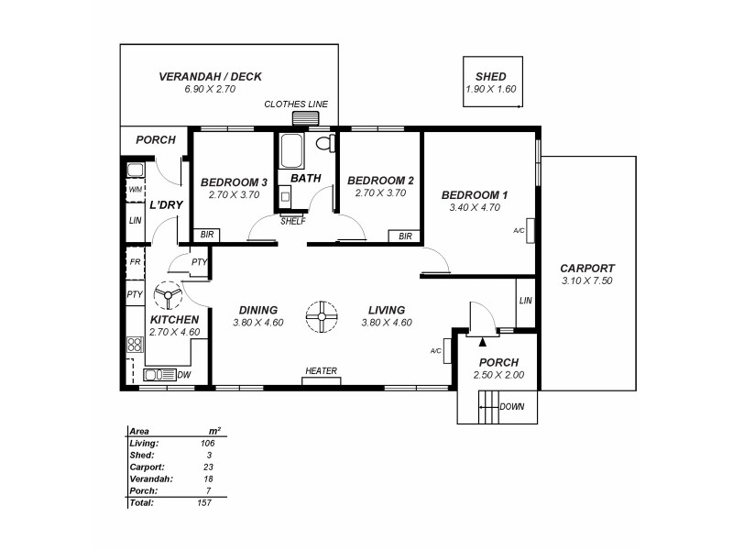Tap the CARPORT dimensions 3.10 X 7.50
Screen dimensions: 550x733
tap(585, 280)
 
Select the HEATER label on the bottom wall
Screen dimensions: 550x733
tap(321, 371)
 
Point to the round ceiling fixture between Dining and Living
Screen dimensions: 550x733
tap(322, 316)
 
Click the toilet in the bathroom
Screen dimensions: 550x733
tap(323, 144)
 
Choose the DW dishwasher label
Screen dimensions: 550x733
tap(184, 375)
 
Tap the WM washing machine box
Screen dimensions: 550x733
tap(135, 190)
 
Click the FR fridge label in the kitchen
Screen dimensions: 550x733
tap(135, 262)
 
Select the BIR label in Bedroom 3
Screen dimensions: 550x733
tap(207, 236)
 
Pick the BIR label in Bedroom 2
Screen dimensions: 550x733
tap(405, 236)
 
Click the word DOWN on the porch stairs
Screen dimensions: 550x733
tap(511, 406)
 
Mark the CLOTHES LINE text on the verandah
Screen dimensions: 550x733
tap(296, 104)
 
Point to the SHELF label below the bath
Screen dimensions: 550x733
tap(292, 221)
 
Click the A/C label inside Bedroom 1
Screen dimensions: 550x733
tap(519, 231)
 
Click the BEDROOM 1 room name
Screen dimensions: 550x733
tap(474, 195)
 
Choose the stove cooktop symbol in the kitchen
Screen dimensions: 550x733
tap(135, 345)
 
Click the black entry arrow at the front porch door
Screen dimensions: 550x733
tap(483, 341)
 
